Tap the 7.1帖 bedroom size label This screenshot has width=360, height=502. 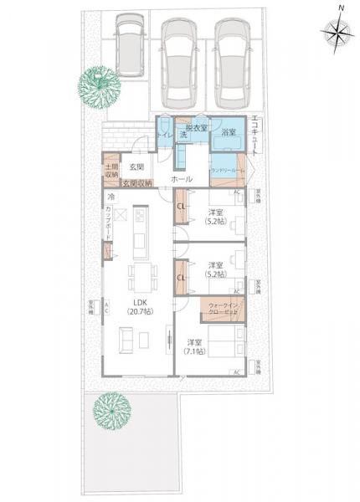point(196,347)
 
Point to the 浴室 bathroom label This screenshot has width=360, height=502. point(228,132)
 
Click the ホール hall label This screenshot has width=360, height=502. point(181,179)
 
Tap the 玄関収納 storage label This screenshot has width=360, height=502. point(136,183)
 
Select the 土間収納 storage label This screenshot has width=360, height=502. point(111,172)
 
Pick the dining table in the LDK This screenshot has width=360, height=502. point(139,275)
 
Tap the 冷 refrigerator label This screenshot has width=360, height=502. point(110,197)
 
